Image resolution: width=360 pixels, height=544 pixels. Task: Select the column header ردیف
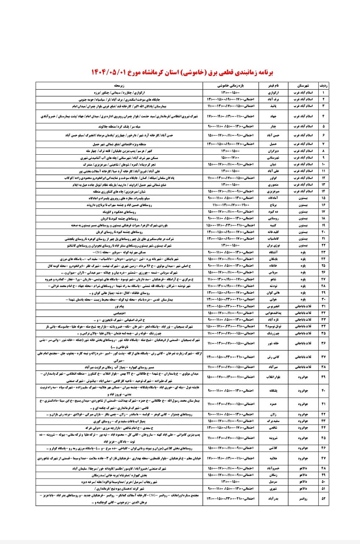coord(323,85)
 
